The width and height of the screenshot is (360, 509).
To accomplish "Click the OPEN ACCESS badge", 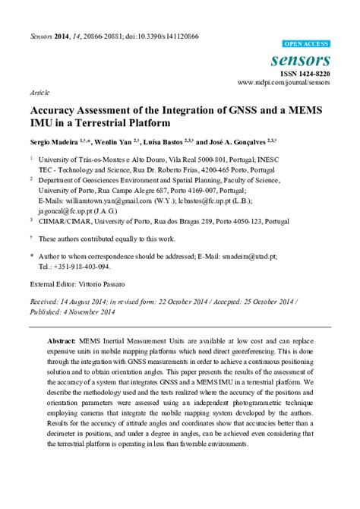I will [x=306, y=45].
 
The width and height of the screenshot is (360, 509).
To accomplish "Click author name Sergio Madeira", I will [x=54, y=142].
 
